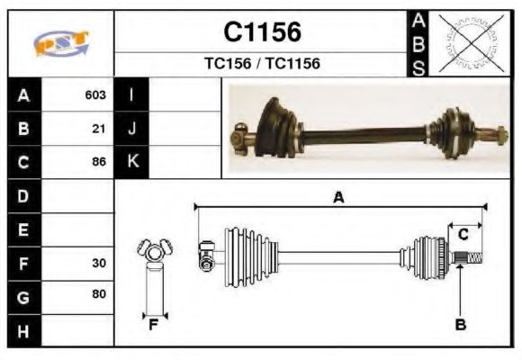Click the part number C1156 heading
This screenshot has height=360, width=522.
(262, 33)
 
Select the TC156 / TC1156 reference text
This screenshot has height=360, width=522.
(262, 64)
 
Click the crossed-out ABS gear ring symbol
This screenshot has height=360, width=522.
(470, 43)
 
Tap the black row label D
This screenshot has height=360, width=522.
(24, 195)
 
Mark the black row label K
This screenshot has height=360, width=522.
(132, 162)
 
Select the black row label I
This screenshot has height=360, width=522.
(132, 94)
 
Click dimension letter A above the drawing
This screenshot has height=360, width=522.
(338, 198)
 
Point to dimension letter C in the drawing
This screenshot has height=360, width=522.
(463, 235)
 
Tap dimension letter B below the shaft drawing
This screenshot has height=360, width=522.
(460, 325)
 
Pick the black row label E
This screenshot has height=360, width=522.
(24, 229)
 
